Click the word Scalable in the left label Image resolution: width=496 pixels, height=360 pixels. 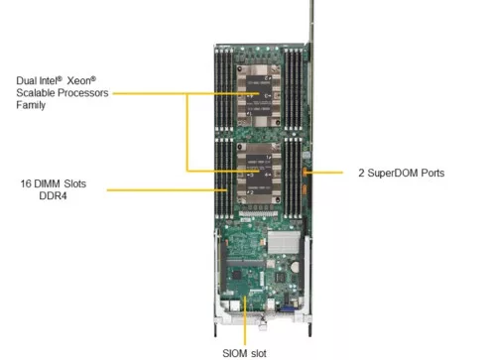coord(35,91)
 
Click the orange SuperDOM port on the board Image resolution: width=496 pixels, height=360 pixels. coord(306,174)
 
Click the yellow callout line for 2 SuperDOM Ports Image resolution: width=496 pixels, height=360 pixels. coord(332,173)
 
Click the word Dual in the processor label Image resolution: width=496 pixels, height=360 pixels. coord(26,77)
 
